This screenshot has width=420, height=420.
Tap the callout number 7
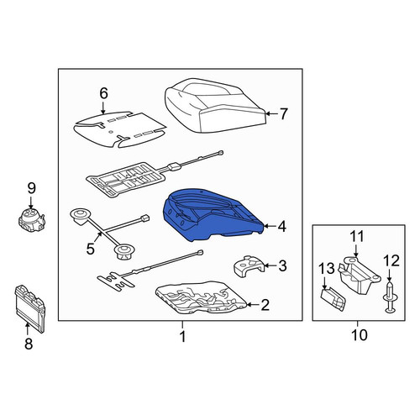(283, 114)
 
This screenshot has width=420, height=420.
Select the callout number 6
(103, 93)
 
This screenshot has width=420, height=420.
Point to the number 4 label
(281, 227)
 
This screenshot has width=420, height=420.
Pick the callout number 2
(265, 305)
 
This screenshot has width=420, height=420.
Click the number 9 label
(31, 188)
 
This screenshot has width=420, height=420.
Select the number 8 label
(29, 344)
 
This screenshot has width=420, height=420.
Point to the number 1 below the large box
(182, 336)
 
